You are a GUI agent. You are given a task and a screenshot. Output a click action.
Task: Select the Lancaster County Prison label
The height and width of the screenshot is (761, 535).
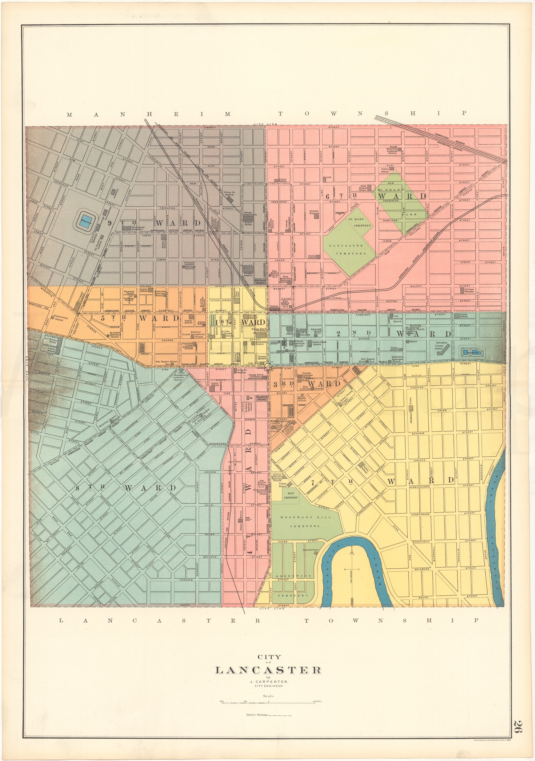tap(441, 345)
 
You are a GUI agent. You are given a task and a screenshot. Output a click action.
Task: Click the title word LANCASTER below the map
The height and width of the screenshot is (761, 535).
tap(268, 661)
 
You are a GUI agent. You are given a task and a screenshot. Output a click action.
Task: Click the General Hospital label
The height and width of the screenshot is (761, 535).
tap(314, 212)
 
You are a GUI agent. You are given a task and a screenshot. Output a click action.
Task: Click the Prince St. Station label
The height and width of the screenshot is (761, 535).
tap(229, 194)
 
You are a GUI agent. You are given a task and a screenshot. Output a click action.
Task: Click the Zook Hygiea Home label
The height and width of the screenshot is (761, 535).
tap(363, 188)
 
